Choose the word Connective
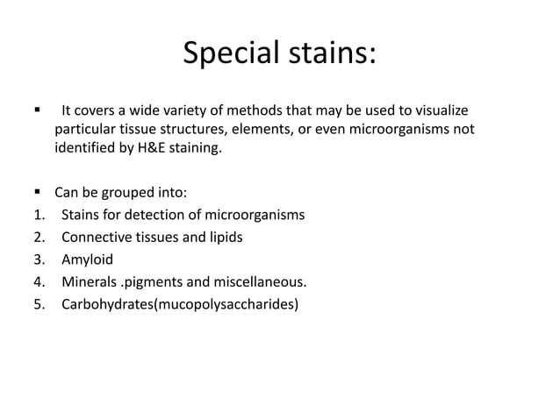pyautogui.click(x=96, y=238)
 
